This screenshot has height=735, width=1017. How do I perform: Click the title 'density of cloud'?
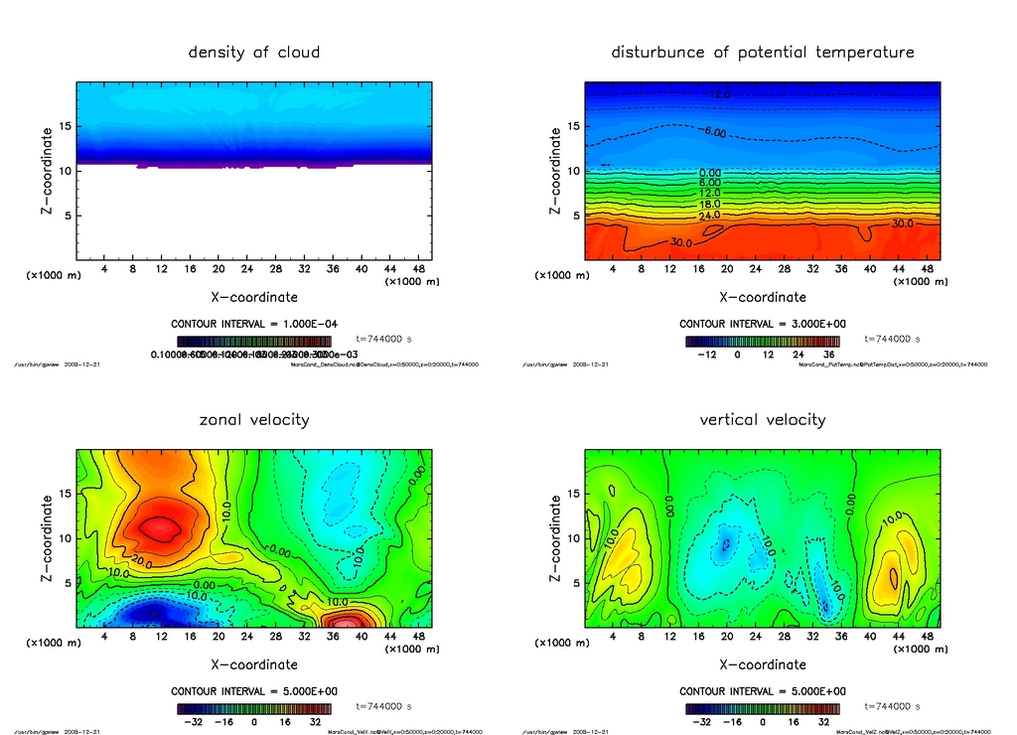(x=254, y=53)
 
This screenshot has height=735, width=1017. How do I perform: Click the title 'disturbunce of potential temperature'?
(x=762, y=53)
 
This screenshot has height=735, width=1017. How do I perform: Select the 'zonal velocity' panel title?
(x=254, y=420)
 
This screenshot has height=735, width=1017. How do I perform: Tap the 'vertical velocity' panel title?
(x=762, y=420)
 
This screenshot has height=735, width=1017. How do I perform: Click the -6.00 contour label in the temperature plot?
(x=717, y=132)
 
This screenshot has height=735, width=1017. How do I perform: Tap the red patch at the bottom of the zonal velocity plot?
(x=347, y=622)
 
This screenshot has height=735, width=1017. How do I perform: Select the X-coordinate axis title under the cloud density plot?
(x=254, y=297)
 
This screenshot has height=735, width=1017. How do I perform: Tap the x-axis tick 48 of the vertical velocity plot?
(x=925, y=636)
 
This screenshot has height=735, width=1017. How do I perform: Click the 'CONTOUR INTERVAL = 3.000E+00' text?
(x=762, y=324)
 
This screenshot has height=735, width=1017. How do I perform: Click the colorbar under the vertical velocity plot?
(x=762, y=709)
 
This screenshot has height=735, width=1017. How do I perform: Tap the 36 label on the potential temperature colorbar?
(x=827, y=354)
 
